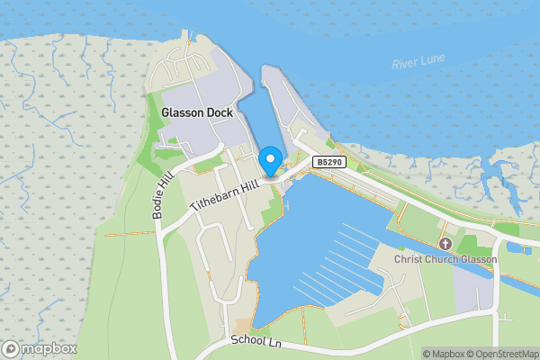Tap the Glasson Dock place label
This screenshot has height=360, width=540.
click(197, 113)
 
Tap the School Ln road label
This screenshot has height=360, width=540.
click(256, 341)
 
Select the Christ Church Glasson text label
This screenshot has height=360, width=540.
click(445, 259)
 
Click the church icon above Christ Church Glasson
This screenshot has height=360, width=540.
click(445, 244)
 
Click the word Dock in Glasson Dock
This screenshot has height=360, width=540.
click(219, 113)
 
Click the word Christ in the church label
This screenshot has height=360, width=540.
click(409, 259)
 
